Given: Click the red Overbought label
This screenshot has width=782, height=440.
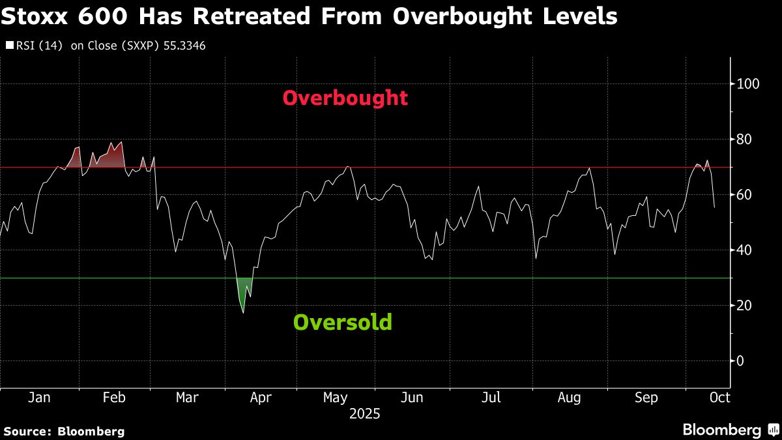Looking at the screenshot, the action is point(345,98).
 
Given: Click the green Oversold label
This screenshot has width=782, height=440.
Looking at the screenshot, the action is point(343,322).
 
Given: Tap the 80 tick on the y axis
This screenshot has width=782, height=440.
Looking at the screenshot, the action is point(744,139).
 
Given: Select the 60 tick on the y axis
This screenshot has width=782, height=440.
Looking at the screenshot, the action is point(744,195).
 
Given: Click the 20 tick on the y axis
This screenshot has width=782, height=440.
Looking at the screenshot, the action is point(744,306).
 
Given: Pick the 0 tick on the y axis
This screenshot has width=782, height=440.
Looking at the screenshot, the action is point(741,361).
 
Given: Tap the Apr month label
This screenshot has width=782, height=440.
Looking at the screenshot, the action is point(261,398).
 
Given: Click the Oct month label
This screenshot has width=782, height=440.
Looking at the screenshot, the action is point(719,398).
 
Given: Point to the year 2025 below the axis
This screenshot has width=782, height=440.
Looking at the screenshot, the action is point(365,414).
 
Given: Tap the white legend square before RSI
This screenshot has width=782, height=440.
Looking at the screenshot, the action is point(10,46).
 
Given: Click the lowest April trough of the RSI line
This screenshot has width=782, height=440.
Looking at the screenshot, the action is point(244,313).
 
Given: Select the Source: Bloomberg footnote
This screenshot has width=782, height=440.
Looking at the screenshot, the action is point(63,431).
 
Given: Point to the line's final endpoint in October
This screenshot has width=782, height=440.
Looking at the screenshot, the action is point(714,207).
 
